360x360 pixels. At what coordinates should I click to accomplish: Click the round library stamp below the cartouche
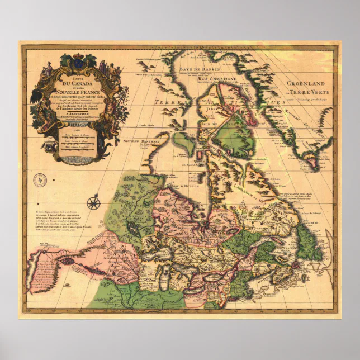point(40,181)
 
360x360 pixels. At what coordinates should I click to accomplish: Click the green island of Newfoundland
point(309,248)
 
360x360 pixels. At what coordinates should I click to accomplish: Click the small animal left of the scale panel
point(51,144)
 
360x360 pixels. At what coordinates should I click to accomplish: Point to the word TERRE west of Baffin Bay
point(168,103)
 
